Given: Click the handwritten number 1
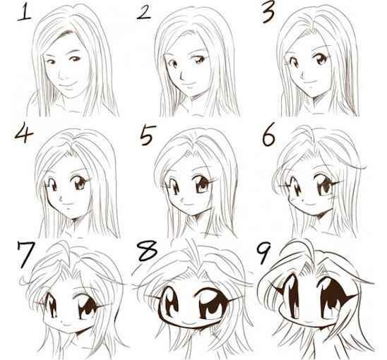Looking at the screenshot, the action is click(24, 13).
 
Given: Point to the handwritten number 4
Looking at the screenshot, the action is click(23, 134).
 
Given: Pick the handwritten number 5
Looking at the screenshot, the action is click(147, 135).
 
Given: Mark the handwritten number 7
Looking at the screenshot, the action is click(25, 254).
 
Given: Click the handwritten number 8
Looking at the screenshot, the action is click(147, 251).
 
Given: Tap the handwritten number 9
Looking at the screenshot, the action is click(263, 252).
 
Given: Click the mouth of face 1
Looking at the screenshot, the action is click(67, 85).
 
